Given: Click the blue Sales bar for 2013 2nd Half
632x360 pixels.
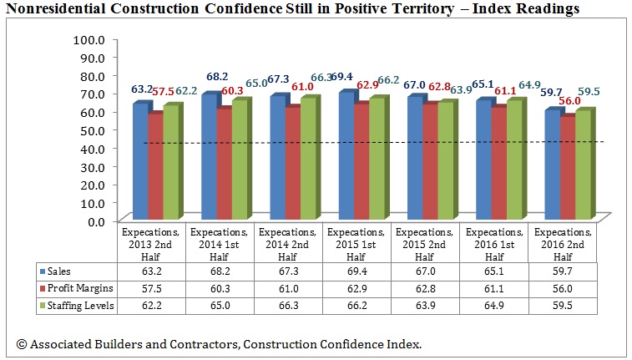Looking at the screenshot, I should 139,163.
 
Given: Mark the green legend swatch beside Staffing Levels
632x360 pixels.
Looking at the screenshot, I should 41,306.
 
